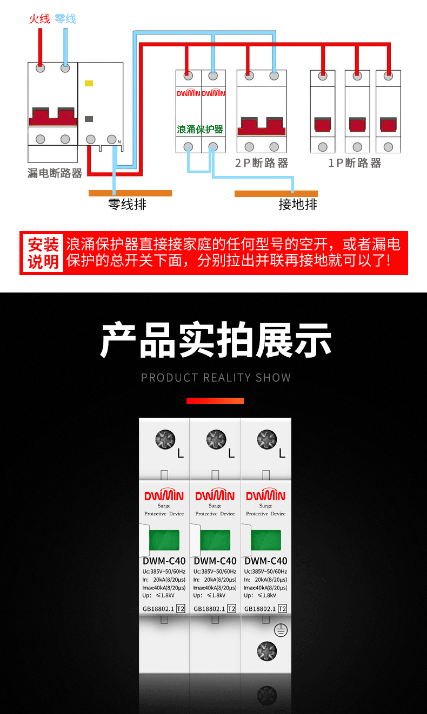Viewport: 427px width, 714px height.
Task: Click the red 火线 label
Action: point(39,19)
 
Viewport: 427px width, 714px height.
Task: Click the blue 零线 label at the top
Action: point(65,19)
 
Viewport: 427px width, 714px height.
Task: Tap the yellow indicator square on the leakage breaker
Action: point(89,83)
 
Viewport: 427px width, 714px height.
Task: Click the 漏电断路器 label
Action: point(55,173)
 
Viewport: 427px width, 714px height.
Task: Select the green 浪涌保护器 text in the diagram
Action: point(200,130)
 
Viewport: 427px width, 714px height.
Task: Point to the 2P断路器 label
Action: point(262,163)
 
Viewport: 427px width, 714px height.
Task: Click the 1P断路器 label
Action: point(355,163)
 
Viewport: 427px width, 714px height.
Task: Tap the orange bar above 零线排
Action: point(130,193)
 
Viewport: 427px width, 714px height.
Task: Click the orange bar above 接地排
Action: point(276,194)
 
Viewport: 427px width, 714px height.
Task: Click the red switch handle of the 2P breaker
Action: point(262,126)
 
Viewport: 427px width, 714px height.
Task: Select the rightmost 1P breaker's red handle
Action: point(389,124)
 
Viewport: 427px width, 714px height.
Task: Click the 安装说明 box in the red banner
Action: point(43,253)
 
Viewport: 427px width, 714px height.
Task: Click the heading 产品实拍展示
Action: point(216,340)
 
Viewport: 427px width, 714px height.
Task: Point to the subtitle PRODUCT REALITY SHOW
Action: point(216,378)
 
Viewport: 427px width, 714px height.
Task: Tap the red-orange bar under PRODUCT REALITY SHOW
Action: point(215,401)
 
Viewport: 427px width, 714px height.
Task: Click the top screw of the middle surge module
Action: point(216,439)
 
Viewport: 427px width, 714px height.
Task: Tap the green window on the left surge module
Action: point(164,540)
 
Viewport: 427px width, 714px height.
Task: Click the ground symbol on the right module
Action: point(281,630)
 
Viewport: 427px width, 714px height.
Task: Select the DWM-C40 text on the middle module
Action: point(215,561)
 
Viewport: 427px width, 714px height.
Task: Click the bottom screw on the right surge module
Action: point(267,651)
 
